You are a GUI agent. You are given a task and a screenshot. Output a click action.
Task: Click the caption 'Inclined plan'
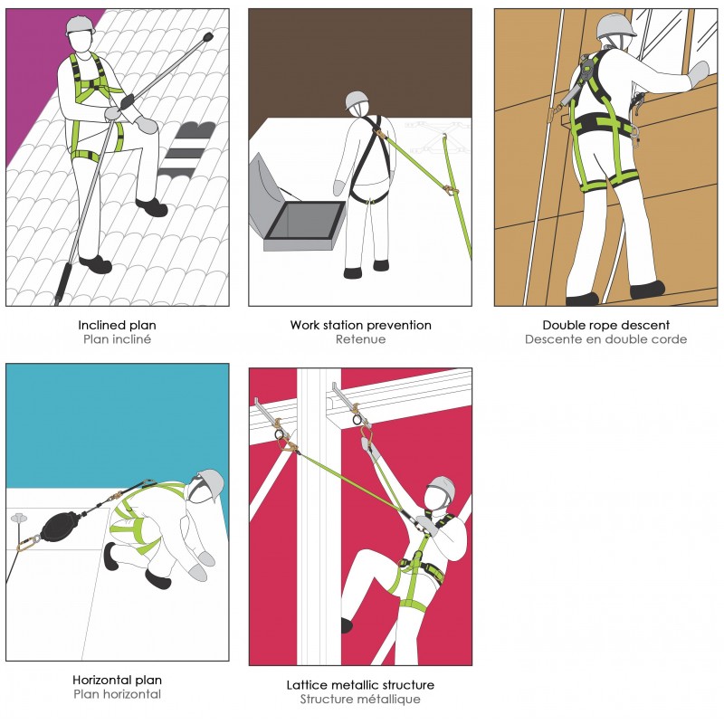coord(117,324)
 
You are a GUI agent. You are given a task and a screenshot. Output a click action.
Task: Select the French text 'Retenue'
coord(360,339)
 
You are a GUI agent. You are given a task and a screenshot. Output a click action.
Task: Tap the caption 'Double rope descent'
coord(605,324)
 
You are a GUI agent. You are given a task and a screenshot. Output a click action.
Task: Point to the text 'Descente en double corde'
coord(605,339)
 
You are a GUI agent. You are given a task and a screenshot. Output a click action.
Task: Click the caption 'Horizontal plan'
coord(117,680)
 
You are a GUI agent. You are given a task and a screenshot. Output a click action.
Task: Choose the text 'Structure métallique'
coord(360,700)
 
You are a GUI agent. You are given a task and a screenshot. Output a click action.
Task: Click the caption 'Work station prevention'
coord(360,324)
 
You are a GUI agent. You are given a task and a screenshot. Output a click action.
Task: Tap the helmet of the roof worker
coord(81,24)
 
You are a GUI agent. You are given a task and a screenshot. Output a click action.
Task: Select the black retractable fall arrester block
coord(62,525)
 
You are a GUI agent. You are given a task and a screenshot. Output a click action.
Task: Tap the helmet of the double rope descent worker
coord(616,24)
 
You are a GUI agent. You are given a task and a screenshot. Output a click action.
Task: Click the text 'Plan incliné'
coord(117,339)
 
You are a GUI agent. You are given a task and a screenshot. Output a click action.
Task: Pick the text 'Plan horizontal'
coord(117,694)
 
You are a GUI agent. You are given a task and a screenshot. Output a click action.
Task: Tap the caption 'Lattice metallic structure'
coord(360,684)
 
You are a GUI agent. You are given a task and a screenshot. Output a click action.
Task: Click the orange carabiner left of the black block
coord(26,544)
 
